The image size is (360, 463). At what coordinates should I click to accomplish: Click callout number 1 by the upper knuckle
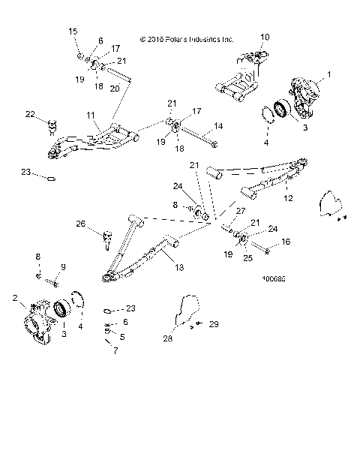pyautogui.click(x=328, y=75)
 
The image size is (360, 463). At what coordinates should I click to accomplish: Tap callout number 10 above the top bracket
pyautogui.click(x=264, y=36)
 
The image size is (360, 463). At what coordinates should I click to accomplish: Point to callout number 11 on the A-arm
pyautogui.click(x=91, y=117)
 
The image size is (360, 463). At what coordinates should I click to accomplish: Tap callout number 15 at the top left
pyautogui.click(x=73, y=31)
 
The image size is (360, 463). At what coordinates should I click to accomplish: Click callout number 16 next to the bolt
pyautogui.click(x=285, y=243)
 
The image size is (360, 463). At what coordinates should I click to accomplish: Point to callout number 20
pyautogui.click(x=115, y=88)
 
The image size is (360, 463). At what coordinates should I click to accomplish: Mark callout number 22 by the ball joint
pyautogui.click(x=30, y=114)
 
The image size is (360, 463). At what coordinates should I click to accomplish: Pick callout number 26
pyautogui.click(x=81, y=224)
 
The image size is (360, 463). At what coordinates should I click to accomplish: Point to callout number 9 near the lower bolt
pyautogui.click(x=63, y=267)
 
